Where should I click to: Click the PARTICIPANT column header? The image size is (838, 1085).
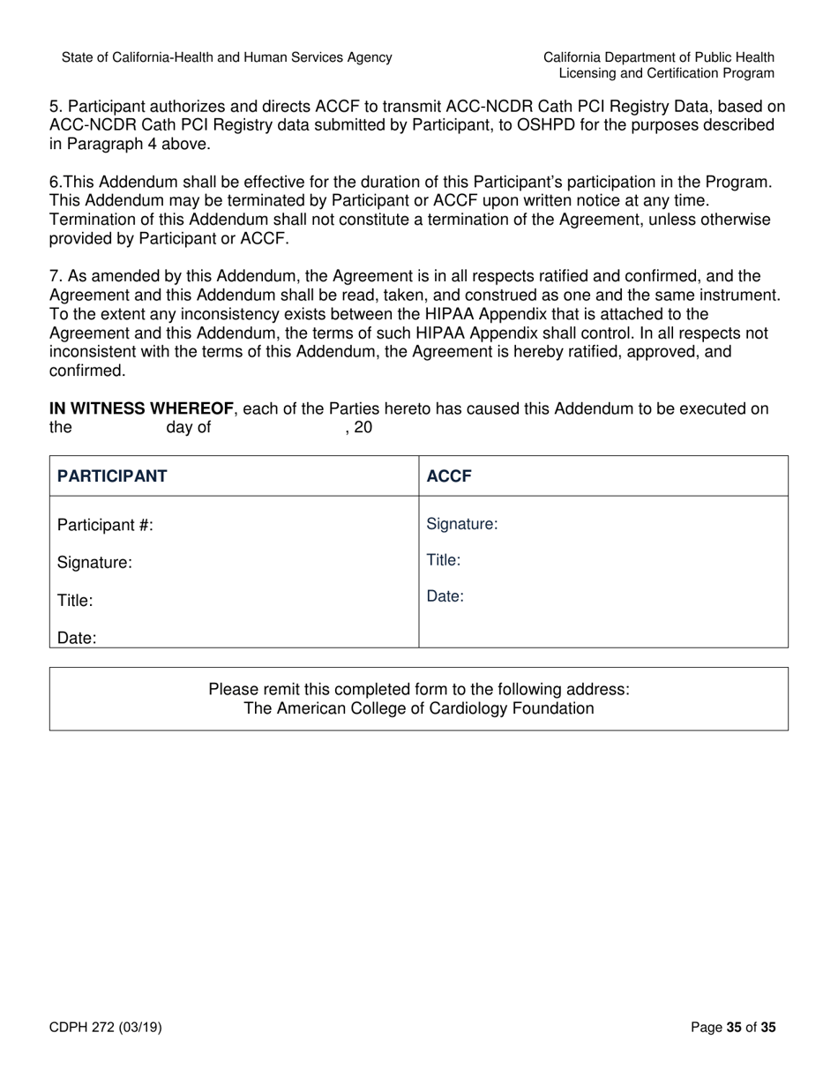coord(112,476)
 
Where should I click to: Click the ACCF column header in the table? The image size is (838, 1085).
coord(449,476)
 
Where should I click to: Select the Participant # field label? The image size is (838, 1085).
coord(105,526)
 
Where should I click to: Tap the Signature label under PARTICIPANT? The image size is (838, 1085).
coord(94,563)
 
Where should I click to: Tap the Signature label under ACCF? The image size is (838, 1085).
coord(462,525)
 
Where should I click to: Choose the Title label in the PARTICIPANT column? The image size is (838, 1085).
coord(75,601)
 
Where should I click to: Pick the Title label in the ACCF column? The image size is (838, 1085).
coord(444,560)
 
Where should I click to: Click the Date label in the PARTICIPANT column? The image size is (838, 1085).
coord(77,638)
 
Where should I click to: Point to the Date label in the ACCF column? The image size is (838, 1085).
coord(445,596)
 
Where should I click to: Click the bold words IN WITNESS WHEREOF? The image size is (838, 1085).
coord(142,408)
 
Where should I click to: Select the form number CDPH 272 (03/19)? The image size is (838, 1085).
coord(105,1027)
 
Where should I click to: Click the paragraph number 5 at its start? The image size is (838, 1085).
coord(55,107)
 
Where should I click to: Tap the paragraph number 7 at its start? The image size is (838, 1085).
coord(55,276)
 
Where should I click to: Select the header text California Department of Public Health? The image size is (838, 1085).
coord(659,57)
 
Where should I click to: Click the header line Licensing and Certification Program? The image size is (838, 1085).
coord(667,73)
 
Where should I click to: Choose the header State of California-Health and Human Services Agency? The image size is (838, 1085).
coord(227,57)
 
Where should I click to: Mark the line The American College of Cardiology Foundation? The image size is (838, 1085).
coord(418,708)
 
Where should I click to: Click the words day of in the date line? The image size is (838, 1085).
coord(188,428)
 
